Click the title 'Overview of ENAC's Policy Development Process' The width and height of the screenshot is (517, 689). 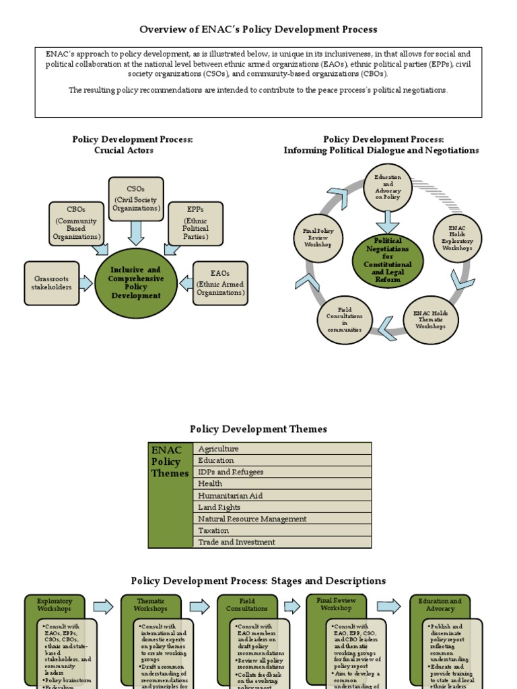click(258, 30)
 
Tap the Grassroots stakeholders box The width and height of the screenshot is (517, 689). click(52, 283)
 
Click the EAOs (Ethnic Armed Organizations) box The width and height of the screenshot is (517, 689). click(220, 283)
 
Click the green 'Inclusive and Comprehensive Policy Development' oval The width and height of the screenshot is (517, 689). click(136, 283)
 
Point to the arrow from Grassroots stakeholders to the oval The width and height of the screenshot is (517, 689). click(85, 283)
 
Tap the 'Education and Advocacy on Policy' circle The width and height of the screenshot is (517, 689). click(387, 188)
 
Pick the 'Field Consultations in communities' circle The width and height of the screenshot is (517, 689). click(345, 320)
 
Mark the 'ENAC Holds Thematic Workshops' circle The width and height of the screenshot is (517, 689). click(431, 320)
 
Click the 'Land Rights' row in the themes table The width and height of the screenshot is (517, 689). click(282, 507)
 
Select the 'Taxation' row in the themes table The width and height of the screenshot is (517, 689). click(282, 530)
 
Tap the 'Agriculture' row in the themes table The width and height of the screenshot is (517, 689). click(282, 448)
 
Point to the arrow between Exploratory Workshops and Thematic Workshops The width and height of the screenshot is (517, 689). click(103, 607)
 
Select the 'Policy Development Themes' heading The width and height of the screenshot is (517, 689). click(258, 429)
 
